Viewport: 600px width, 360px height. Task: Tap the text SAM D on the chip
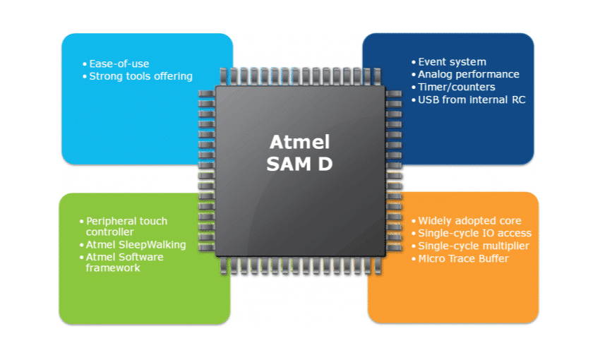[x=299, y=164]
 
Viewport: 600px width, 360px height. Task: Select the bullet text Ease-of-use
[x=119, y=64]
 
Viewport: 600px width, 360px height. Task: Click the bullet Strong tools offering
[x=140, y=76]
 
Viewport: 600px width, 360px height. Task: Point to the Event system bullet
[x=452, y=61]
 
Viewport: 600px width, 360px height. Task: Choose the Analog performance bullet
[x=468, y=74]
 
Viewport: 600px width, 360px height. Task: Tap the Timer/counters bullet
[x=456, y=87]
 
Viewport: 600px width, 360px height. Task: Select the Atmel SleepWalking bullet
[x=136, y=244]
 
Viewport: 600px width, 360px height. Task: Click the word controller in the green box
[x=110, y=232]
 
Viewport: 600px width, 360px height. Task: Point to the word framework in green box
[x=113, y=268]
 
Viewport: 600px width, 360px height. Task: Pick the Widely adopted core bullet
[x=469, y=221]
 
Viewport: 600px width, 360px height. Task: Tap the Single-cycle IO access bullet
[x=474, y=233]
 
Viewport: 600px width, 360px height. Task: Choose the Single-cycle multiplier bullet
[x=473, y=246]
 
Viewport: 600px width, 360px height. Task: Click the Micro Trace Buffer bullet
[x=463, y=258]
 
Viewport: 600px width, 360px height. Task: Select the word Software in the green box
[x=142, y=256]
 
